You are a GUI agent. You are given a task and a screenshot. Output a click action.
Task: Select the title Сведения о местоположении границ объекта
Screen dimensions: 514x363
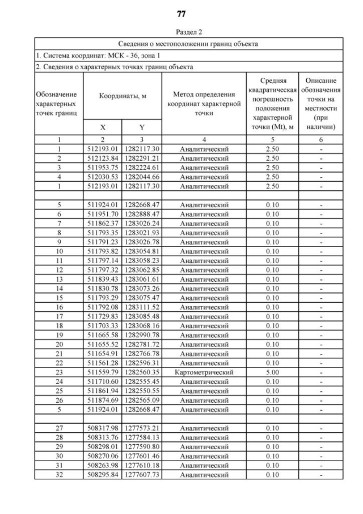tap(188, 44)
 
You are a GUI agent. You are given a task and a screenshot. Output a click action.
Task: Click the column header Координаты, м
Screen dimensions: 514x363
tap(123, 97)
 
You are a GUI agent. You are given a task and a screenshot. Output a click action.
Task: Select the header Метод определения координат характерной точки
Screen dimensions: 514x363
tap(204, 103)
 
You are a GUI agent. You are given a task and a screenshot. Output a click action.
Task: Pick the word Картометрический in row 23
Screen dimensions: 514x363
tap(204, 373)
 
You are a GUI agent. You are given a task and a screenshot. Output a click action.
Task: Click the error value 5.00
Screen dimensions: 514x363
tap(273, 373)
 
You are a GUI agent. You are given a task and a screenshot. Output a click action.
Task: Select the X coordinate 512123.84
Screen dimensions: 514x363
tap(103, 158)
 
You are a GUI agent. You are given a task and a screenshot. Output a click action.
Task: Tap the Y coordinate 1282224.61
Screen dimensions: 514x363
tap(142, 168)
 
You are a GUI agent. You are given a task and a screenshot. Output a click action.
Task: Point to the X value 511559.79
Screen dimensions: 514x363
tap(103, 373)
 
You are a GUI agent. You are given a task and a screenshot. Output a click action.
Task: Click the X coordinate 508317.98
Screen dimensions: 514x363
tap(103, 429)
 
